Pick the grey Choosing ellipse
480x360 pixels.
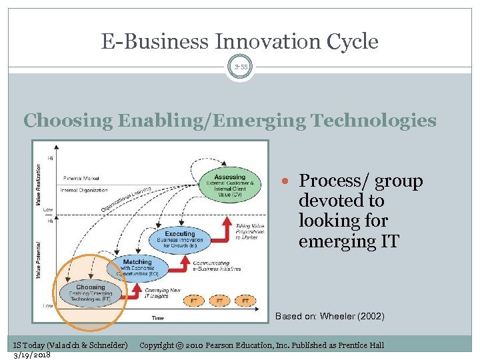pyautogui.click(x=91, y=293)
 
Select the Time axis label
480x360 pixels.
pyautogui.click(x=157, y=318)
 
